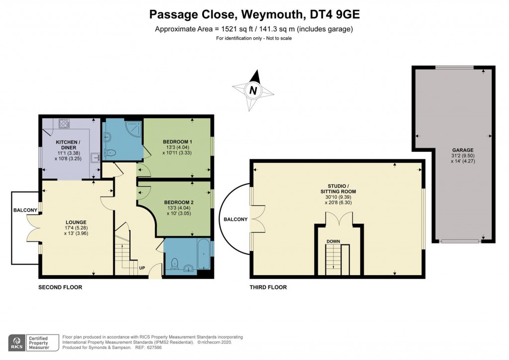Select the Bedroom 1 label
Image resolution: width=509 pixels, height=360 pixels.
pyautogui.click(x=177, y=142)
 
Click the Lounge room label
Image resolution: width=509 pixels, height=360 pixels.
pyautogui.click(x=76, y=222)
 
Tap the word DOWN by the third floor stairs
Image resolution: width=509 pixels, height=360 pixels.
pyautogui.click(x=333, y=241)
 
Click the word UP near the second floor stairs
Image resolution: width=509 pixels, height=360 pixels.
pyautogui.click(x=142, y=268)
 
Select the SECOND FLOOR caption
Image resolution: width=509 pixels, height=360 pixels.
pyautogui.click(x=60, y=287)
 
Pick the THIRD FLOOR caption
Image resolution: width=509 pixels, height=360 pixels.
pyautogui.click(x=269, y=287)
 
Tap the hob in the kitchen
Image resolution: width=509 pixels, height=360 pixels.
pyautogui.click(x=65, y=124)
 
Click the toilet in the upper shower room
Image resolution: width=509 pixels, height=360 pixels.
pyautogui.click(x=111, y=153)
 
